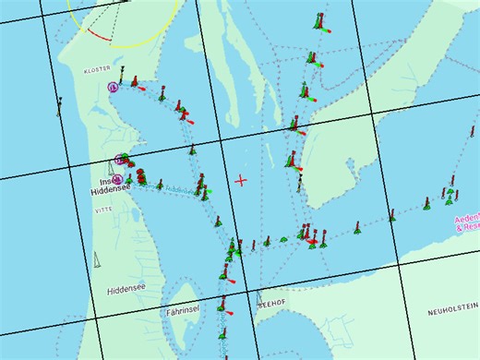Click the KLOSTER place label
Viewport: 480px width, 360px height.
point(96,69)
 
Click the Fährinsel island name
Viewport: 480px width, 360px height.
point(183,312)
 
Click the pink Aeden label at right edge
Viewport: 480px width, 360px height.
point(467,219)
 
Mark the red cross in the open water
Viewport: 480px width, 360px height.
point(241,180)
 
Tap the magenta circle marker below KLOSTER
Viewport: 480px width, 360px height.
point(113,87)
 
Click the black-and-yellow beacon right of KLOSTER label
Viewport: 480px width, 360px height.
point(121,70)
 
